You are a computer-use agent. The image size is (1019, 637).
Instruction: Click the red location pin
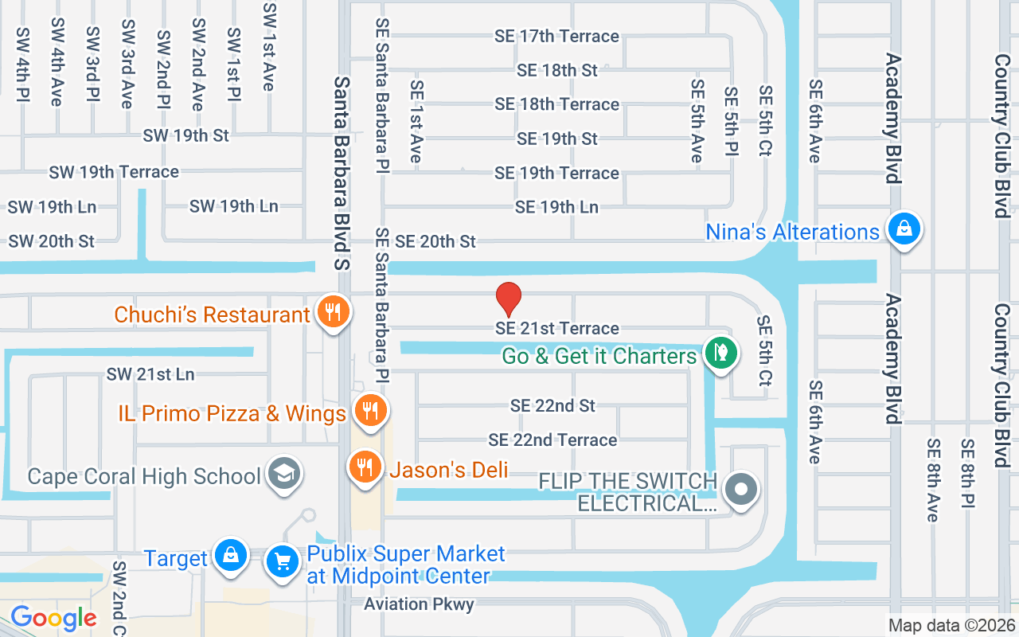coord(509,299)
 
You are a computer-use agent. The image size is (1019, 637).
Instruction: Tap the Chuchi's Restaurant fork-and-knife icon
coord(330,311)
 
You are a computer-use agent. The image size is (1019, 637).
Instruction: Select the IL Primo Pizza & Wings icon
coord(369,410)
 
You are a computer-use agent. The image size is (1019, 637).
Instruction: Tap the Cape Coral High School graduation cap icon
coord(282,475)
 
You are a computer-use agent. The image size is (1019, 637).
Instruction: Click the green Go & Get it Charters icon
coord(721,351)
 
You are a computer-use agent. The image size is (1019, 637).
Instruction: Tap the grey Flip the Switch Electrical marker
coord(742,488)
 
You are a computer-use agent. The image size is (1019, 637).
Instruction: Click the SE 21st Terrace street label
coord(557,328)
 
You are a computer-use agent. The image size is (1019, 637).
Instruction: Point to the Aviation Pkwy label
coord(419,604)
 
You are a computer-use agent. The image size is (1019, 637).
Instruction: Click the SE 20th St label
coord(435,241)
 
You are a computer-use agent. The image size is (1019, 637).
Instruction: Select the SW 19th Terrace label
coord(114,172)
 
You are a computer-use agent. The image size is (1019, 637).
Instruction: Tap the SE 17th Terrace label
coord(556,37)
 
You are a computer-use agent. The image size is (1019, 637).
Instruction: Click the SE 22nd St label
coord(552,405)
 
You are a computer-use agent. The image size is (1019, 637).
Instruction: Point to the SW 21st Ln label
coord(150,374)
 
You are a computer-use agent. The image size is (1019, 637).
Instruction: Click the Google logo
coord(53,617)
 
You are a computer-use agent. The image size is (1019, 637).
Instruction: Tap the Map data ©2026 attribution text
coord(951,626)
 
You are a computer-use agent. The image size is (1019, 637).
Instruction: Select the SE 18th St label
coord(556,70)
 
